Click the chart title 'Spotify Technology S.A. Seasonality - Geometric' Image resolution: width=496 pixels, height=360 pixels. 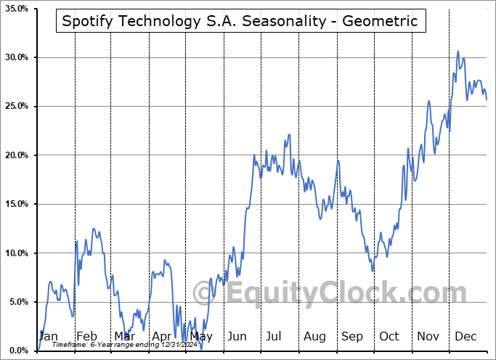(240, 21)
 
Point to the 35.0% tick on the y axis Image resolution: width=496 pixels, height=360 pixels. (15, 9)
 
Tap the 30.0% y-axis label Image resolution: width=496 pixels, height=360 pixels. (15, 57)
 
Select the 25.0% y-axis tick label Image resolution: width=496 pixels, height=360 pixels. (15, 107)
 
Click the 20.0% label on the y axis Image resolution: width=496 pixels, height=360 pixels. (15, 155)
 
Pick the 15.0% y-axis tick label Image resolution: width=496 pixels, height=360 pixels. (15, 205)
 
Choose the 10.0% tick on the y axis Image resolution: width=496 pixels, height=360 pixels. (15, 253)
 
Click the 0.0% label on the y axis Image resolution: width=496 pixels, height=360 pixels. (17, 351)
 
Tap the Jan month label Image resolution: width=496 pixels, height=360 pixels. (48, 336)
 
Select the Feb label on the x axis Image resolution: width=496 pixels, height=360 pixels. (86, 336)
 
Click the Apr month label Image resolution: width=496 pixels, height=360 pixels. (163, 336)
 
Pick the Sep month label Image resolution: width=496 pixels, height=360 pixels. (352, 336)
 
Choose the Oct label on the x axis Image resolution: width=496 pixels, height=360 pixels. (389, 336)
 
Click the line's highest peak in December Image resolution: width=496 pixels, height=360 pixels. (458, 52)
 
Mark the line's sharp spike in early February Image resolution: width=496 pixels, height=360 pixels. (76, 242)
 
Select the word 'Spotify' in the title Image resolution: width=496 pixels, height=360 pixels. (85, 21)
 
